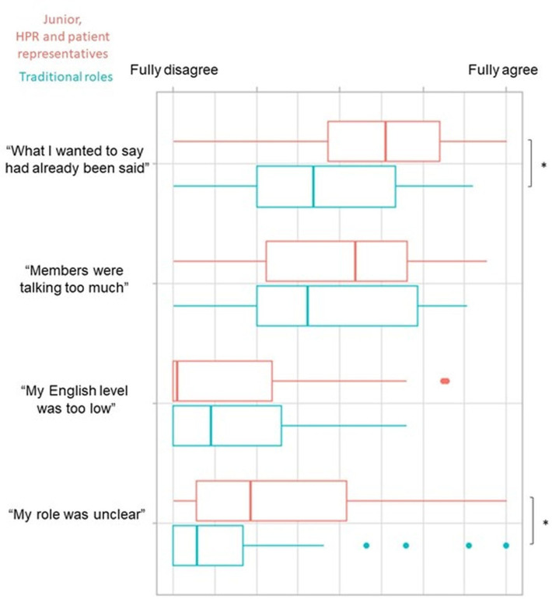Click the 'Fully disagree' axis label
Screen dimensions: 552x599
tap(174, 70)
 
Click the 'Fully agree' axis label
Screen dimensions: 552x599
tap(503, 70)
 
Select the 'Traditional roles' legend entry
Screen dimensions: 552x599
tap(66, 77)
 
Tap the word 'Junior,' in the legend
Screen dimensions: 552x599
tap(62, 19)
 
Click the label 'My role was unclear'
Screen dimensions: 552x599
tap(77, 514)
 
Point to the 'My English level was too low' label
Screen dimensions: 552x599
tap(75, 399)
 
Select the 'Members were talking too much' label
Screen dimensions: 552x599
tap(74, 279)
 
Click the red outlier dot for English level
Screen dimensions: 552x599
tap(445, 381)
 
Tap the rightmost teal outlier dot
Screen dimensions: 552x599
tap(506, 545)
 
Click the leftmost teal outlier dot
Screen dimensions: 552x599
tap(366, 545)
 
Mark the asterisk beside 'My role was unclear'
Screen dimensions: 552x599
tap(546, 523)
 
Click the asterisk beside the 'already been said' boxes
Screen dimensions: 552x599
tap(544, 165)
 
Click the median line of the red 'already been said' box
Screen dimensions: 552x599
tap(386, 141)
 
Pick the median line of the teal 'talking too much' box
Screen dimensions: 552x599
tap(308, 305)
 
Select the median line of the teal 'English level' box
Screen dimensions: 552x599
tap(211, 426)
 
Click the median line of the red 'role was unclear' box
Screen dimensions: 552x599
tap(250, 500)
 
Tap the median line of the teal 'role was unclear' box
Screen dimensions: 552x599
tap(197, 545)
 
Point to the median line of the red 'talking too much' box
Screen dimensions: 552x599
tap(355, 261)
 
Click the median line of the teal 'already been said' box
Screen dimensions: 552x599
tap(313, 186)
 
